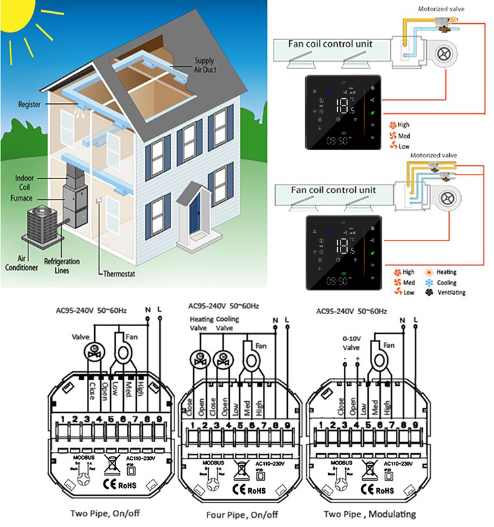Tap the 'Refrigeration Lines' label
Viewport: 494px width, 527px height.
62,266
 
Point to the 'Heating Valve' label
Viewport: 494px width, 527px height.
201,323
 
